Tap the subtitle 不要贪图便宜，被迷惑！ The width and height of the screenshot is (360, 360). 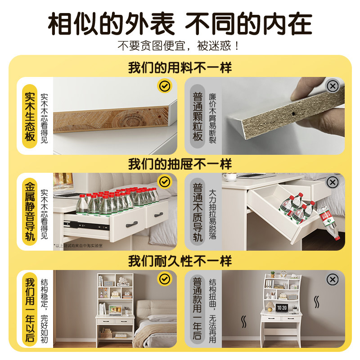coord(179,46)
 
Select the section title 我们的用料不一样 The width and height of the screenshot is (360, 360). coord(180,68)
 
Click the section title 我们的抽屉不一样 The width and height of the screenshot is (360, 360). coord(180,164)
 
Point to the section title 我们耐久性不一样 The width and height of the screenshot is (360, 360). coord(180,261)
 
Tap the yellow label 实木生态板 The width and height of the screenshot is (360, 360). coord(30,116)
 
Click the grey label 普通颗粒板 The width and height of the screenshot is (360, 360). coord(198,116)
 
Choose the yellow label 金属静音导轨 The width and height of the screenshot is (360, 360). coord(30,211)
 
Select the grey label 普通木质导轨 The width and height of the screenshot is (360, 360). coord(198,212)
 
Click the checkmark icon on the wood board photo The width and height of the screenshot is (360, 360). coord(165,86)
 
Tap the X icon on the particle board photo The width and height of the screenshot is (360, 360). coord(333,86)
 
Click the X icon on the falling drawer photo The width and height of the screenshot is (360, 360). coord(333,182)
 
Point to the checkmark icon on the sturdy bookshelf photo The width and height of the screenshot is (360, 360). coord(165,279)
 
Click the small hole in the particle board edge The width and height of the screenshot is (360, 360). coord(294,115)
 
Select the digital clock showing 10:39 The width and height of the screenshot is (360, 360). coord(282,307)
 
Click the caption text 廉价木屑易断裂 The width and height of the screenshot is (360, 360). coord(213,116)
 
